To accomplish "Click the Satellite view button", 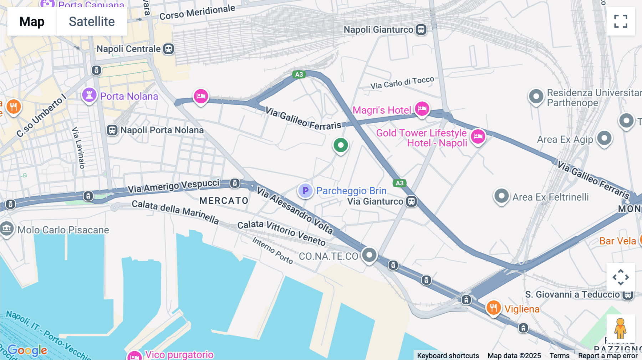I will (92, 21).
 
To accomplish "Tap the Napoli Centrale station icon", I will (168, 49).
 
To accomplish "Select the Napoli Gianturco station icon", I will (421, 30).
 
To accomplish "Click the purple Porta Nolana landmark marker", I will (89, 95).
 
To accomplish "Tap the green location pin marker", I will (341, 145).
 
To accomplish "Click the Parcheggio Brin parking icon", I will (305, 191).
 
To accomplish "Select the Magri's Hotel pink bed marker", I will (422, 108).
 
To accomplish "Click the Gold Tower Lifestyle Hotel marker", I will (478, 136).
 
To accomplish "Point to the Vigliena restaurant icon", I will (494, 307).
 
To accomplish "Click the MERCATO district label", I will (224, 201).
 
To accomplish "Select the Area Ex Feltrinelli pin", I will (501, 196).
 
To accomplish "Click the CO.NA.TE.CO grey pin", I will (369, 255).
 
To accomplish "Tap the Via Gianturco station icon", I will (412, 201).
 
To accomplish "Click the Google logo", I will (27, 350).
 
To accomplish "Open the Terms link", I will (559, 355).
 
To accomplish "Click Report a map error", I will (607, 355).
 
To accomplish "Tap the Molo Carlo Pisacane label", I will (63, 230).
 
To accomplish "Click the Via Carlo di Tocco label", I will (402, 83).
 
